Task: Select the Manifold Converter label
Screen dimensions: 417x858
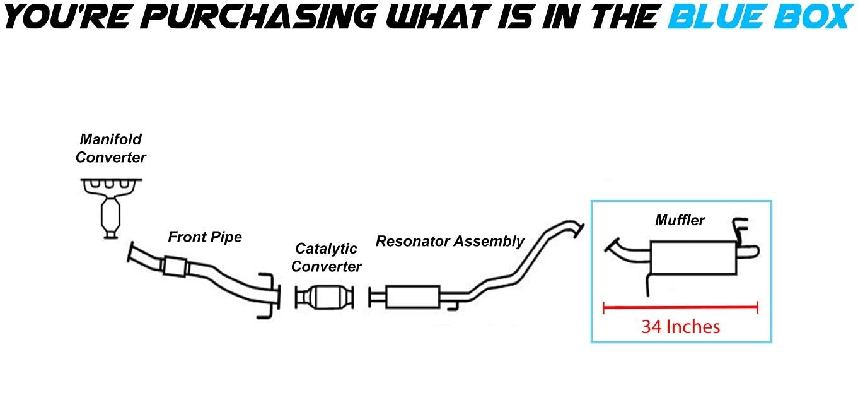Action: click(x=111, y=148)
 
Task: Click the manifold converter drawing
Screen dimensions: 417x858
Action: click(x=111, y=208)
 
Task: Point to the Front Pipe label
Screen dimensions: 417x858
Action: click(x=205, y=237)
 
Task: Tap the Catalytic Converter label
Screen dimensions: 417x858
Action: click(x=326, y=257)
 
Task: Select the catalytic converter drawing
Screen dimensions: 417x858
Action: click(x=324, y=297)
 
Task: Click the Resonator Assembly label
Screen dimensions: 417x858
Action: click(x=449, y=241)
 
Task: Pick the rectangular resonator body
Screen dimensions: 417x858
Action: click(x=412, y=297)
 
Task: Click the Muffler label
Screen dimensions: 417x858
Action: click(x=680, y=220)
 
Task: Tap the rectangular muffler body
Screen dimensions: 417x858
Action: click(x=693, y=257)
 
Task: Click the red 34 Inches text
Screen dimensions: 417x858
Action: click(x=680, y=327)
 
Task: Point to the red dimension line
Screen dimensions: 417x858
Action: click(x=680, y=308)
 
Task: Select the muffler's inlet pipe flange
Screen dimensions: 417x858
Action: click(x=610, y=246)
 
